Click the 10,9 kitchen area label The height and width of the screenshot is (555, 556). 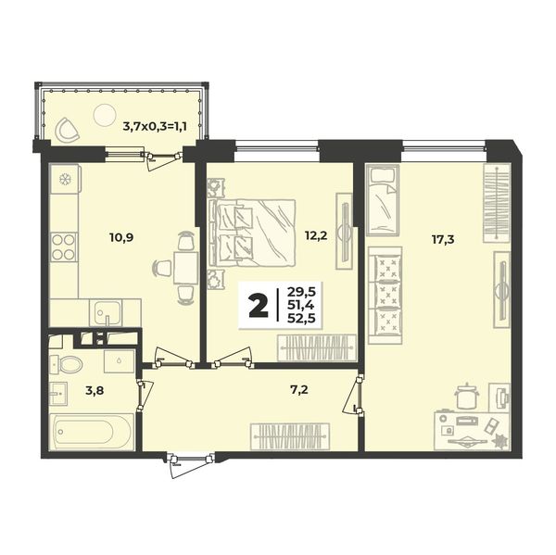(x=121, y=237)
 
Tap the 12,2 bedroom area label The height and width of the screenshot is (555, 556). (x=316, y=234)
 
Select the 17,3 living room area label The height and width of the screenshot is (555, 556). (x=443, y=240)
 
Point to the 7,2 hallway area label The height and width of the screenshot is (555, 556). (x=298, y=390)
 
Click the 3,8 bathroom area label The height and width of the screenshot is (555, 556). (x=95, y=391)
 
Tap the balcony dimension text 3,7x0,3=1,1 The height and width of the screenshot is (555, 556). (x=155, y=126)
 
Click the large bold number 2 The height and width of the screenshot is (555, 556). (x=259, y=307)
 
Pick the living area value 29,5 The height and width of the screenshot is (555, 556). (x=301, y=292)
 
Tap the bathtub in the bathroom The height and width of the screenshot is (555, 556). (x=92, y=432)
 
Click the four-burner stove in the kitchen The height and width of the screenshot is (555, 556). (x=64, y=247)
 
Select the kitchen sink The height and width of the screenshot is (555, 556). (x=106, y=312)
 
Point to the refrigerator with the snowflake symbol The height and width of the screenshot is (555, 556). (x=65, y=179)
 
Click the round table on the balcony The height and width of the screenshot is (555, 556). (x=105, y=115)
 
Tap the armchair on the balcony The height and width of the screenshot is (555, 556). (x=68, y=129)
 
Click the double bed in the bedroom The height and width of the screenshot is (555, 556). (x=252, y=233)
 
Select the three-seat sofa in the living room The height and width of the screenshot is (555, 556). (x=385, y=296)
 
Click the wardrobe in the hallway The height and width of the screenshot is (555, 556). (x=290, y=436)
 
